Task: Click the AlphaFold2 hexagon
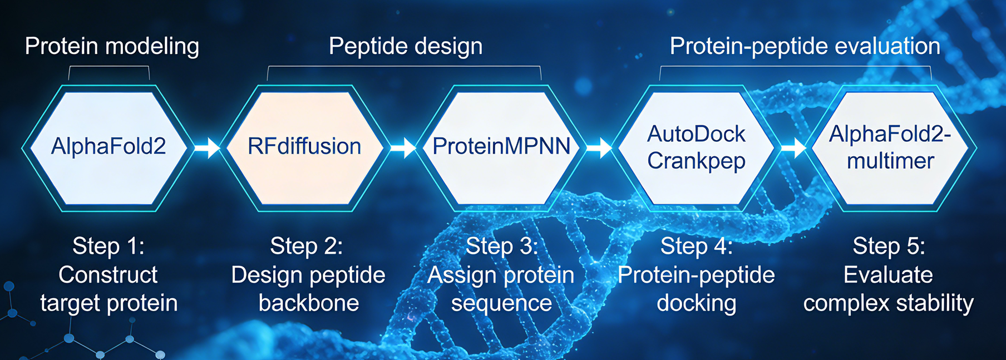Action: click(x=109, y=147)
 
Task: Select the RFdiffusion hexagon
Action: click(x=304, y=147)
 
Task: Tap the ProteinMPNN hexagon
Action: click(x=501, y=147)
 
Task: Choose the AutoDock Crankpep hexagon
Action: click(x=696, y=147)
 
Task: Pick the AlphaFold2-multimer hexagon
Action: click(x=890, y=147)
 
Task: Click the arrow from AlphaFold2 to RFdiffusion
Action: click(x=207, y=148)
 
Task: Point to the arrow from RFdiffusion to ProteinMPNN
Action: click(x=403, y=148)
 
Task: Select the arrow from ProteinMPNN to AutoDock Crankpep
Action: click(x=599, y=148)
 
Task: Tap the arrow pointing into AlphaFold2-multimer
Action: click(x=793, y=148)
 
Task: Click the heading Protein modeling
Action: click(x=112, y=46)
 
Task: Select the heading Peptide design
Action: click(x=406, y=46)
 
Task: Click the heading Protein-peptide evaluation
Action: click(x=805, y=46)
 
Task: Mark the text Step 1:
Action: click(x=109, y=246)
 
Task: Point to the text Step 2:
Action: click(x=307, y=246)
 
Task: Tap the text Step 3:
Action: click(x=502, y=246)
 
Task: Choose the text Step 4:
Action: click(x=697, y=246)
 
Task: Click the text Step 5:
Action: click(x=889, y=246)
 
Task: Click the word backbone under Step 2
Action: click(x=309, y=303)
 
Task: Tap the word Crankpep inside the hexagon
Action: click(x=696, y=161)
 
